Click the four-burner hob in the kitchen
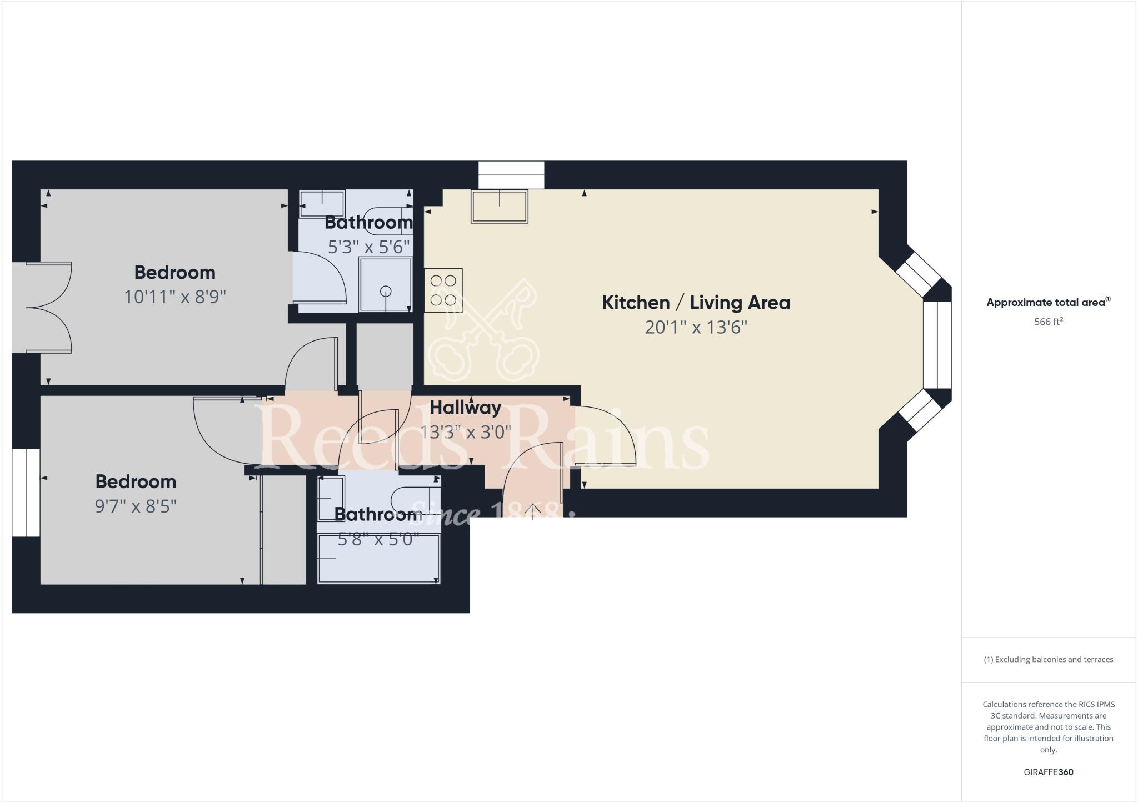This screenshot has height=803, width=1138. point(443,290)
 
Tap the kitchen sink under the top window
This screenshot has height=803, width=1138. point(499,207)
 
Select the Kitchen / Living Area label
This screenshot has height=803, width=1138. point(696,303)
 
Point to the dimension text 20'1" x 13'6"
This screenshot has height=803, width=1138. point(696,328)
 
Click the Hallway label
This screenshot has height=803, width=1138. point(465,408)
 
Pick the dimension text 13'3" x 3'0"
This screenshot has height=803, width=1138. point(465,432)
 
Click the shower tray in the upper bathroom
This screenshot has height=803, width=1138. point(385,284)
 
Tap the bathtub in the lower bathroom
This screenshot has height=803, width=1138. point(378,558)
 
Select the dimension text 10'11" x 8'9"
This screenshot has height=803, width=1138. point(174,297)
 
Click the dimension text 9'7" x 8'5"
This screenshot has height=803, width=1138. point(136,506)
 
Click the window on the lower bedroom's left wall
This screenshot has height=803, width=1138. point(26,493)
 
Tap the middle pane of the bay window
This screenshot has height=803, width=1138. point(937,344)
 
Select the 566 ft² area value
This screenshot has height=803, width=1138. point(1048,322)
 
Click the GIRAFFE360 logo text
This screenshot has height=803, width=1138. point(1048,772)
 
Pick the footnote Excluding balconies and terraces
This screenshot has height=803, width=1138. point(1048,660)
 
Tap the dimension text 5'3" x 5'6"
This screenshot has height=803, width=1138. point(369,247)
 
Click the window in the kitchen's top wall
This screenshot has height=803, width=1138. point(511,174)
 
